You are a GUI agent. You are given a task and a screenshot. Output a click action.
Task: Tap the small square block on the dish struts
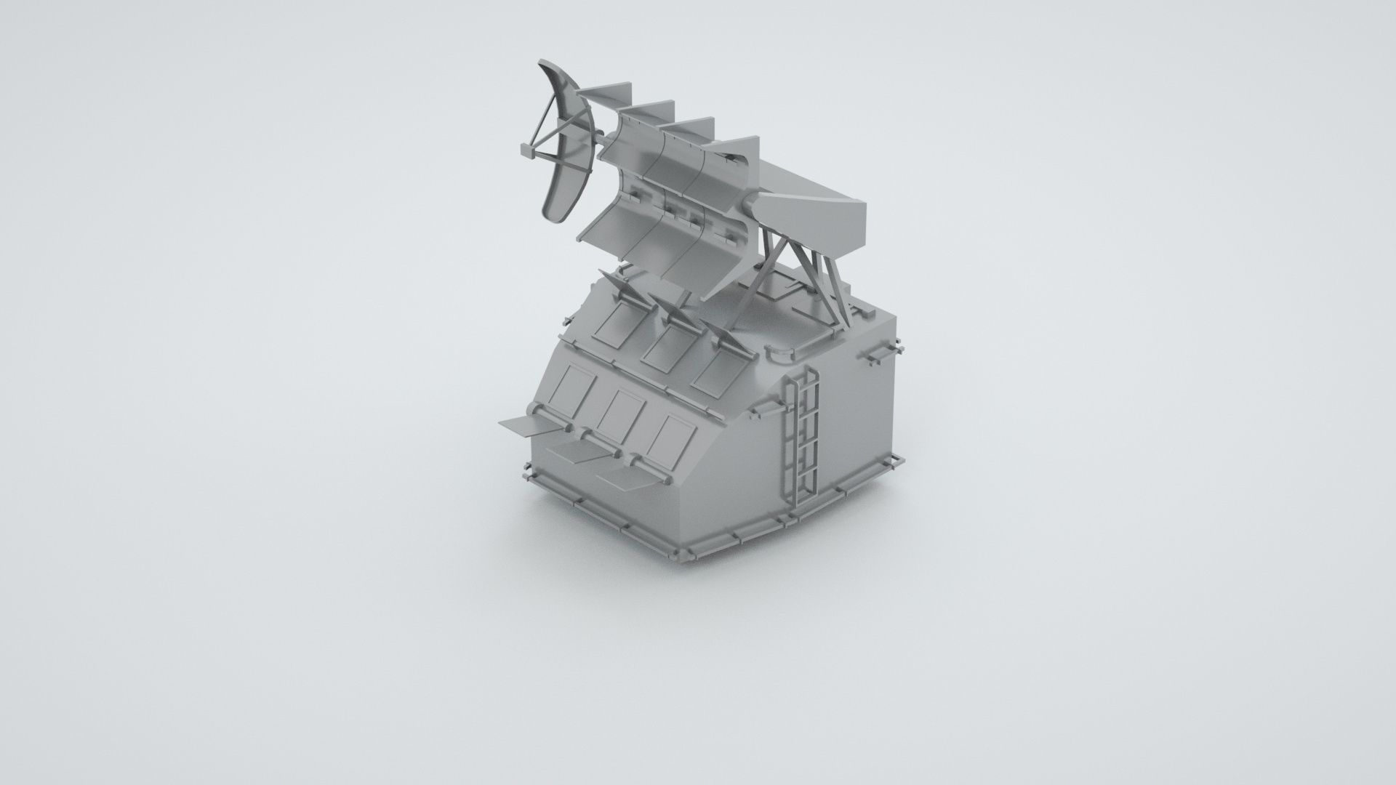[526, 150]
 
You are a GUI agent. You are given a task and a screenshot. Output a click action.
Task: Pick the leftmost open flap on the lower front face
[520, 425]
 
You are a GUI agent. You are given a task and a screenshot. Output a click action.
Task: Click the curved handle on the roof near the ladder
[782, 353]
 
